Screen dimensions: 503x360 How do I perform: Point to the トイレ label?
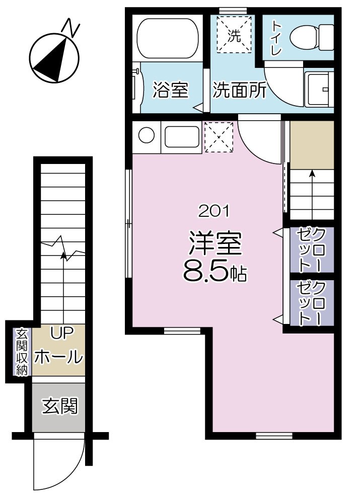pos(276,37)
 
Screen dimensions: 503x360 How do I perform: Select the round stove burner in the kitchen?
pos(147,136)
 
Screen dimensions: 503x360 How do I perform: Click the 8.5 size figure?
pos(206,272)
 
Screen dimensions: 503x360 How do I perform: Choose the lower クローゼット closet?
pos(311,303)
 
